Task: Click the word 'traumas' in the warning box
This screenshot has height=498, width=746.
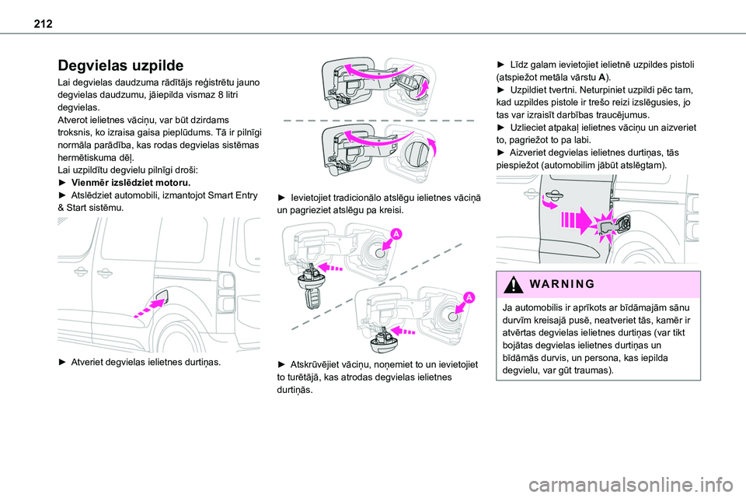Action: pos(593,370)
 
